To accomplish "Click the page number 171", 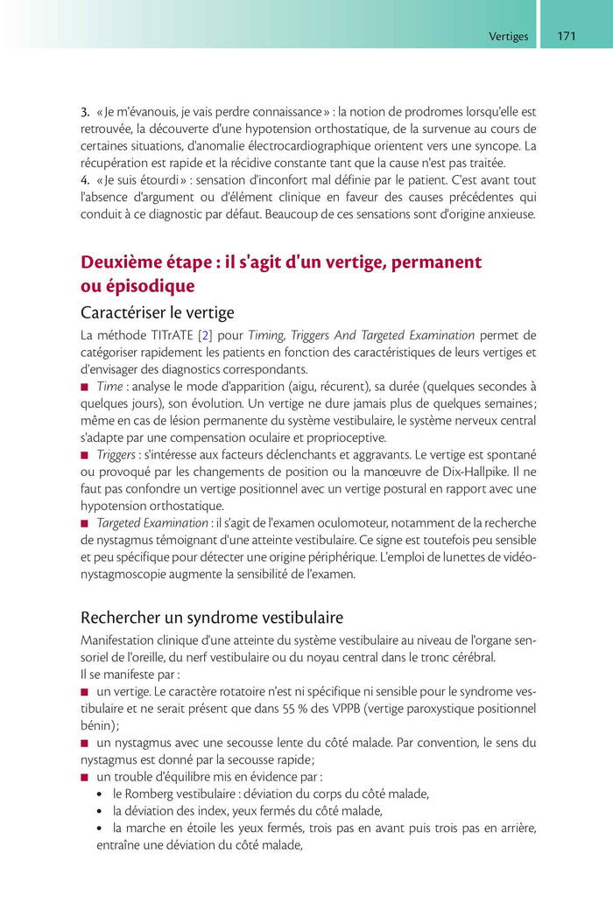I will [566, 37].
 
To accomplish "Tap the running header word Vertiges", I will [508, 37].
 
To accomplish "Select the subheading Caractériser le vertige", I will [157, 312].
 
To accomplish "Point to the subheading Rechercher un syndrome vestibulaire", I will [212, 618].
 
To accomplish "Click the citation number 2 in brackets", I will [203, 335].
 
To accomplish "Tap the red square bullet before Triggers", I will [85, 455].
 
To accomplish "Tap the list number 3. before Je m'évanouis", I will [85, 111].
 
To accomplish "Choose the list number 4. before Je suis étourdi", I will [85, 180].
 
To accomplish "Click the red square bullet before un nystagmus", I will [85, 743].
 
